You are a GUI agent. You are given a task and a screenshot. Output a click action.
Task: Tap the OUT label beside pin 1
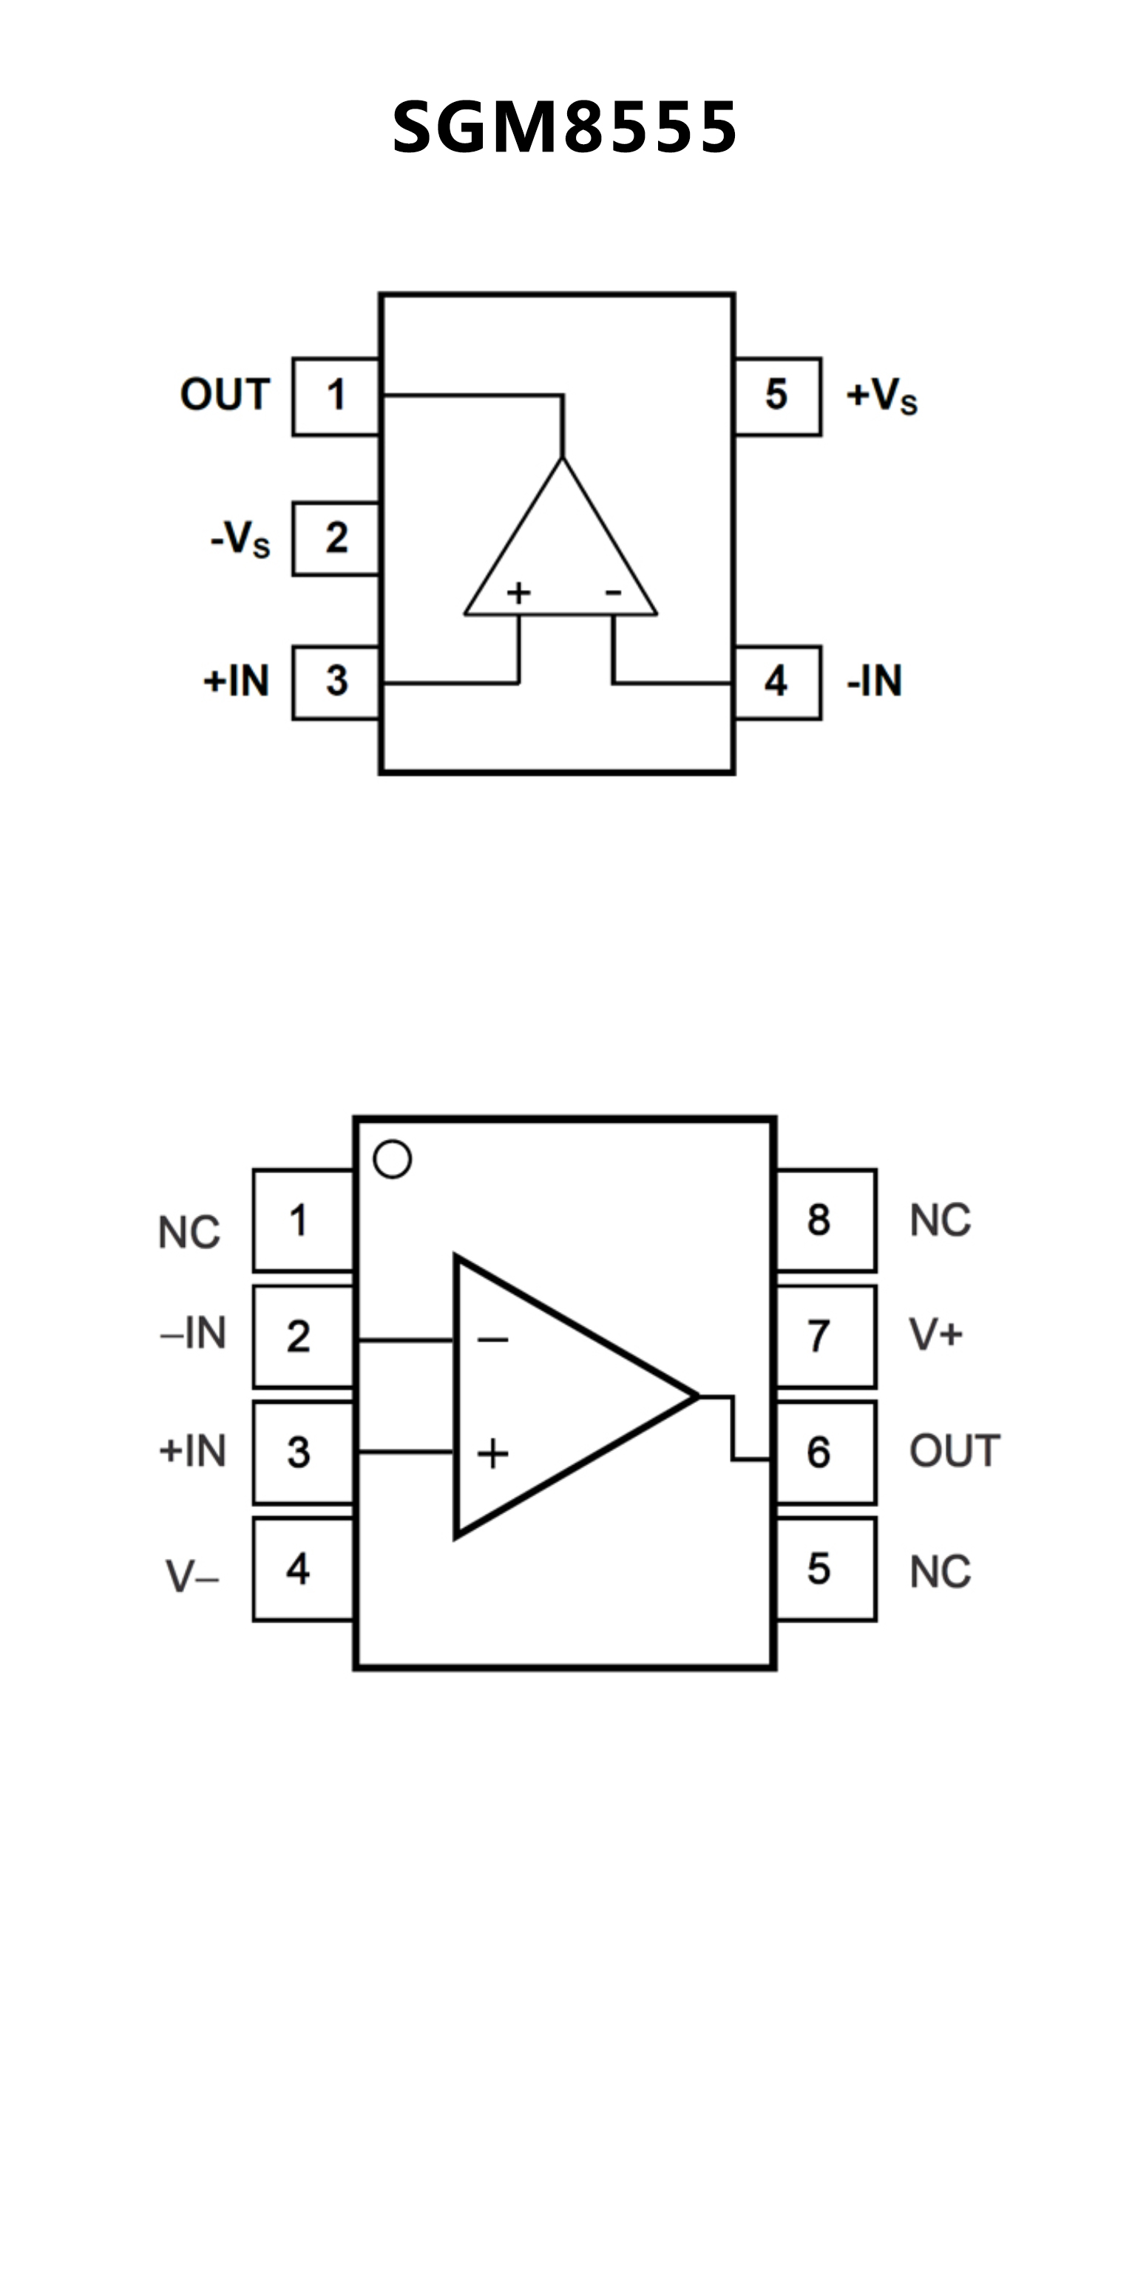point(225,395)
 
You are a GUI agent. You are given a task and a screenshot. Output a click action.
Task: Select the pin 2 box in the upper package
point(336,538)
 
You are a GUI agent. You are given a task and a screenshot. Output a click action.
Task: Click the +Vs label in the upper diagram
point(881,395)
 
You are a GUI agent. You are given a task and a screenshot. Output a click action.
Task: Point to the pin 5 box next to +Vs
point(776,395)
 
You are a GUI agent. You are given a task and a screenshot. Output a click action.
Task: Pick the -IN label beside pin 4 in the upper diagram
point(874,682)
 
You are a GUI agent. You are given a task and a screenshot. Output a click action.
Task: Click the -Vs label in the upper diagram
point(240,538)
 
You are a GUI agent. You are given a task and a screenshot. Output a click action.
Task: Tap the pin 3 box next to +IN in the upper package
point(336,682)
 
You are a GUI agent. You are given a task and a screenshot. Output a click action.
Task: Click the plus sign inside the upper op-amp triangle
point(518,592)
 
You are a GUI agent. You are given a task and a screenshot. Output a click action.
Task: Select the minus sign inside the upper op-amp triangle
point(613,592)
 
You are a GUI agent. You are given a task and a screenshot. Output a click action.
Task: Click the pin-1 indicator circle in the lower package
point(392,1160)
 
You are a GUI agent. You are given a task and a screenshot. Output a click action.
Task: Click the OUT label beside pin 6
point(955,1451)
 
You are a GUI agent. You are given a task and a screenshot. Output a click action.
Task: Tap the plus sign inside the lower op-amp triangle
point(492,1453)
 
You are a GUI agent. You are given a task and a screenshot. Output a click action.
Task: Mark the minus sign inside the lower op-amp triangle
point(492,1340)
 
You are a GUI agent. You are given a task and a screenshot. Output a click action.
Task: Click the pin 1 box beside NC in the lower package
point(302,1220)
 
